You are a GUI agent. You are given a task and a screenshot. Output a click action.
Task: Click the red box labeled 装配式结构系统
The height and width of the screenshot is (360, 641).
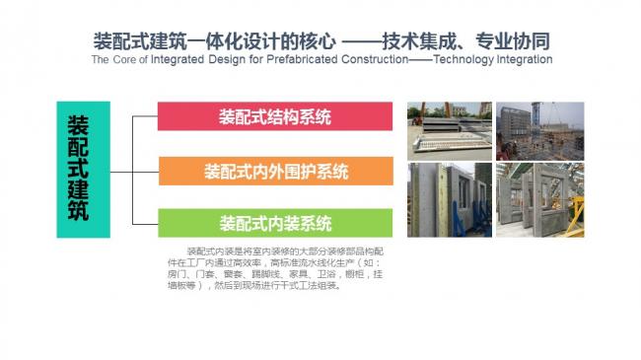click(275, 116)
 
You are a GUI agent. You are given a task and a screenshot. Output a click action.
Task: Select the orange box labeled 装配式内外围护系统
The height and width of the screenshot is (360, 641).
click(275, 172)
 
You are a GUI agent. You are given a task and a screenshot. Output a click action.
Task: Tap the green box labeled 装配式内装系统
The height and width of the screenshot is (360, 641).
click(275, 223)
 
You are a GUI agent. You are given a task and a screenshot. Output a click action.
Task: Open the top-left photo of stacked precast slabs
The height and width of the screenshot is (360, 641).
click(448, 128)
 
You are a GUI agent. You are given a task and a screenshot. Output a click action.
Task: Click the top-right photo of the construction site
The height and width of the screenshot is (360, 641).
click(534, 128)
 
